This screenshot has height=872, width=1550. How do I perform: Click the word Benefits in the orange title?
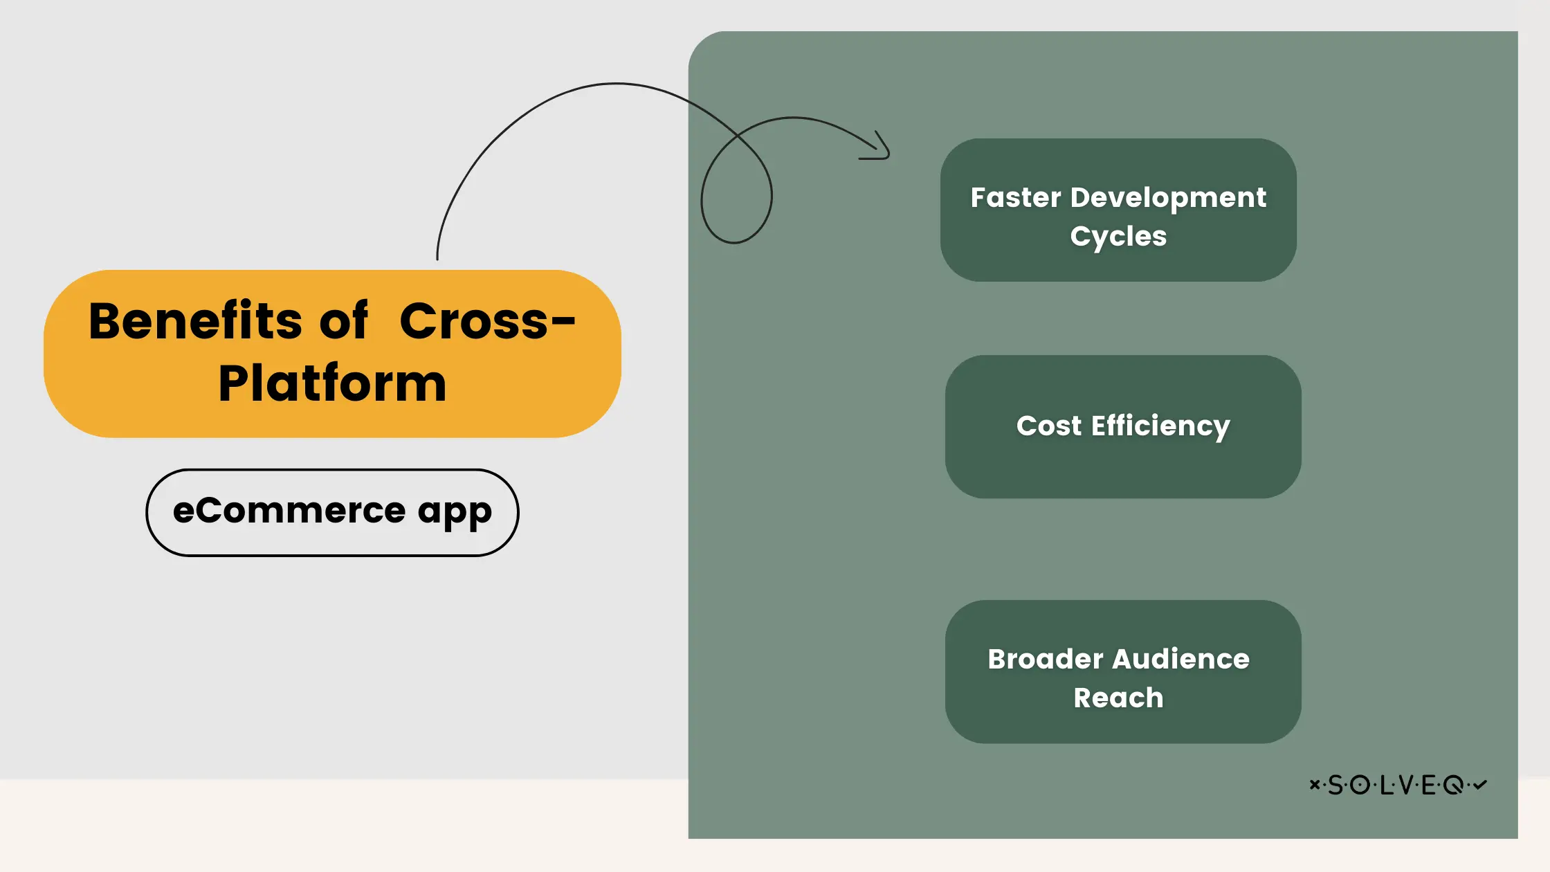[x=195, y=321]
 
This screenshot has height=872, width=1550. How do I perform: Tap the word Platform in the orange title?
[x=332, y=383]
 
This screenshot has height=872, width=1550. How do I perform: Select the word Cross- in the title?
[x=487, y=321]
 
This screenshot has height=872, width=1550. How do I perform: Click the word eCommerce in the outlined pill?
[x=289, y=511]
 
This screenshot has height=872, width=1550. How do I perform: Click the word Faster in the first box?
[x=1015, y=198]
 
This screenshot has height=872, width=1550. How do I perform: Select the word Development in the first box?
[x=1168, y=199]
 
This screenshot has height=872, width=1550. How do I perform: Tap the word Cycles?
[x=1118, y=237]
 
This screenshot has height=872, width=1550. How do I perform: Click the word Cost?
[x=1048, y=426]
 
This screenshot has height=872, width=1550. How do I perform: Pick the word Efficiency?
[x=1160, y=426]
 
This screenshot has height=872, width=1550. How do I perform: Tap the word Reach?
[x=1118, y=698]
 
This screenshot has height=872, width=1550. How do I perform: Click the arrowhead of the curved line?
[x=882, y=148]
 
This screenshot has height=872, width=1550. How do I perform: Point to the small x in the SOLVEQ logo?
[x=1314, y=784]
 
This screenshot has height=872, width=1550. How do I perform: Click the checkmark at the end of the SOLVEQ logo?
[x=1480, y=784]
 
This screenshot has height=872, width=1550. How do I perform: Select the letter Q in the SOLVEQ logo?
[x=1453, y=785]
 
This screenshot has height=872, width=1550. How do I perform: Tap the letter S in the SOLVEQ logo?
[x=1335, y=785]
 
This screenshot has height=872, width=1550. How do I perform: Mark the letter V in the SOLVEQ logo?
[x=1405, y=785]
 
